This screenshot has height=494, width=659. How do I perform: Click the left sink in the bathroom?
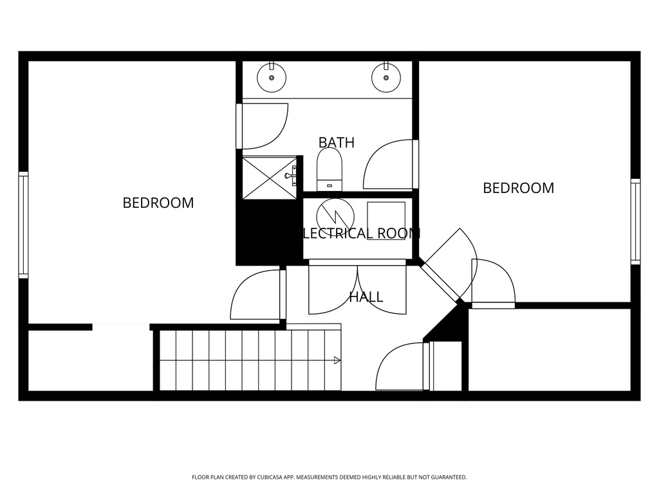(272, 78)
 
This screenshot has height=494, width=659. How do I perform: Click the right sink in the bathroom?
(386, 78)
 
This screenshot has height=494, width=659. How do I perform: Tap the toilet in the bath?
(330, 170)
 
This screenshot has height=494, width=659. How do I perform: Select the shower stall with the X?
(269, 178)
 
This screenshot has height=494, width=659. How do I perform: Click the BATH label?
(337, 142)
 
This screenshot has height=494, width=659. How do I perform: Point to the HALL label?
(366, 297)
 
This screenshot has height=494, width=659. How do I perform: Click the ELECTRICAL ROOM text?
(361, 233)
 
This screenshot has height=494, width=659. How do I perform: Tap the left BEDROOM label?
(158, 203)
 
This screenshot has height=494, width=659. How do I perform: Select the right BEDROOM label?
(518, 188)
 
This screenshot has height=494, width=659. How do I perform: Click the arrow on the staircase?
(337, 361)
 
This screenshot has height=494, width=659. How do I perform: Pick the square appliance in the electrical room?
(386, 221)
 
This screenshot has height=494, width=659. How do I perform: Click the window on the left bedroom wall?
(23, 225)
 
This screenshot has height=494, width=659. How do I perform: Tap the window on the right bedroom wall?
(635, 221)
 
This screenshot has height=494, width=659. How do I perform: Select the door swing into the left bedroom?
(256, 296)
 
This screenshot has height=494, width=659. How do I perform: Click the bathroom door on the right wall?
(390, 165)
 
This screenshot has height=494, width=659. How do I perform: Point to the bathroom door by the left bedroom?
(263, 125)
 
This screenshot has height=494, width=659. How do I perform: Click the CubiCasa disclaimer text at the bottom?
(329, 477)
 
